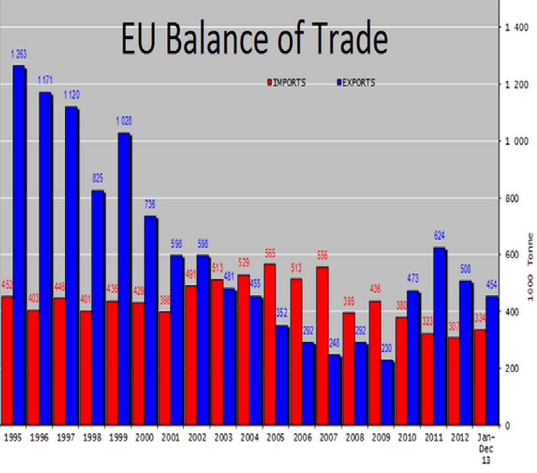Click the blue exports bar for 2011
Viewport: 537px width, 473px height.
click(x=439, y=336)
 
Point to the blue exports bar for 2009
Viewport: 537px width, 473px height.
click(x=387, y=392)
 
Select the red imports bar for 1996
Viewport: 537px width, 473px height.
click(x=33, y=367)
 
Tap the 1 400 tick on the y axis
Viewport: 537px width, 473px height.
click(x=513, y=27)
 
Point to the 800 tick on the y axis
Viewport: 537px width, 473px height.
click(x=512, y=198)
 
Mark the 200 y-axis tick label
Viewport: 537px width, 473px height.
click(x=512, y=368)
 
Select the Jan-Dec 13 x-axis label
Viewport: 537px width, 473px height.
click(x=486, y=448)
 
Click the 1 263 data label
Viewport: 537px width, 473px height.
click(x=19, y=54)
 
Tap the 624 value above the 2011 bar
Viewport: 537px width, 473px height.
click(x=439, y=235)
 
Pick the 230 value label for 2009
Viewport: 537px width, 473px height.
click(x=387, y=348)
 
